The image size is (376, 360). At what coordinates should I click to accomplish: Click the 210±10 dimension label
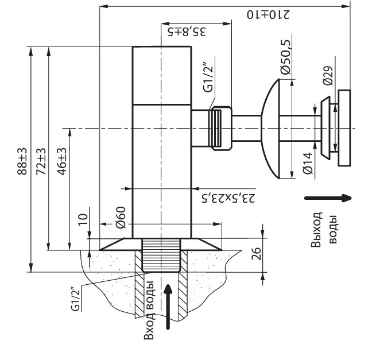[268, 14]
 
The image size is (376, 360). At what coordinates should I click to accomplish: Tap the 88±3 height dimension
[22, 161]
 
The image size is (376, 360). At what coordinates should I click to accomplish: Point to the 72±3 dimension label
[41, 161]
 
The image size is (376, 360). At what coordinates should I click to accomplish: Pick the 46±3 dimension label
[61, 161]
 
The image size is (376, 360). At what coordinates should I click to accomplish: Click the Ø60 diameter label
[121, 217]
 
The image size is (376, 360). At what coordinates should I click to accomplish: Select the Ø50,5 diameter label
[285, 57]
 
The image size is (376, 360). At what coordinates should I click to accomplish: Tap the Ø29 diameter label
[328, 75]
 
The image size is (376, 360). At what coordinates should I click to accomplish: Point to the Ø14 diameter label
[308, 163]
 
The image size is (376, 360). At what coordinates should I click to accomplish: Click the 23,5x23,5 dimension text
[228, 198]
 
